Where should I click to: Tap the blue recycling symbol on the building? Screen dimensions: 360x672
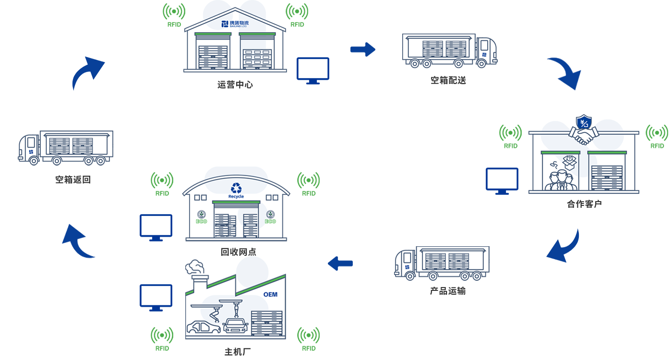[236, 188]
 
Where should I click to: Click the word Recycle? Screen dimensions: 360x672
[236, 196]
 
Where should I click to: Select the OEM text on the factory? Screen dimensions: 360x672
[270, 294]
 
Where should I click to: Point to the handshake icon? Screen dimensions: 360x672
[584, 135]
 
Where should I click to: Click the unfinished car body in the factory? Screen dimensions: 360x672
[203, 327]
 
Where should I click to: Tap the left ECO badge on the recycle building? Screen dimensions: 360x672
[201, 217]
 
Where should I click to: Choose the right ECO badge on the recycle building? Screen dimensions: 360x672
[271, 217]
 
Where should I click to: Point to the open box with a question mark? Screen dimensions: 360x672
[569, 161]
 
